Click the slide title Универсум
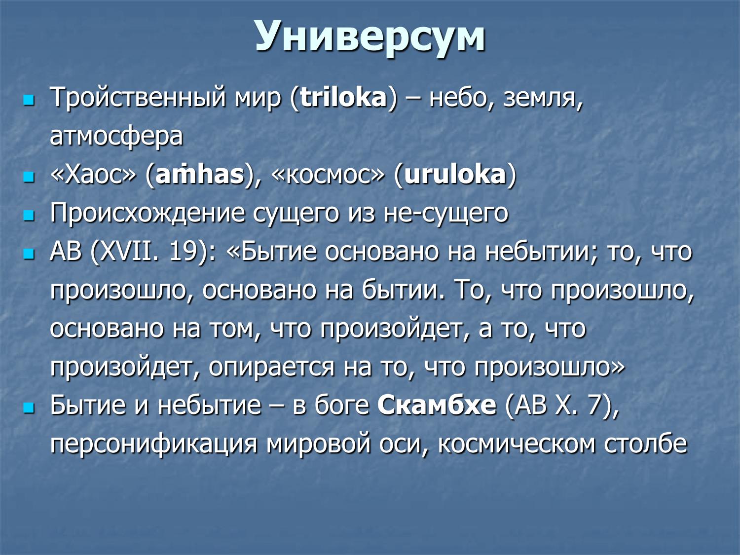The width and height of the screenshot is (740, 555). coord(370,37)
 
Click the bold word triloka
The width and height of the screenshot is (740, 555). coord(343,98)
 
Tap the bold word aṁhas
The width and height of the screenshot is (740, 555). coord(200,175)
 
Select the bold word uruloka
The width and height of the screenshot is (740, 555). coord(455,175)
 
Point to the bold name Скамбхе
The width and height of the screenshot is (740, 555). coord(437,406)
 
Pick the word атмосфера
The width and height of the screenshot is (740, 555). coord(116,136)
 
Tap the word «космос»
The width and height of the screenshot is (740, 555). coord(328,175)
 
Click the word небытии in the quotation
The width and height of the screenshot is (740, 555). coord(541,252)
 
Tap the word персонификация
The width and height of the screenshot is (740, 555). coord(154,444)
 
